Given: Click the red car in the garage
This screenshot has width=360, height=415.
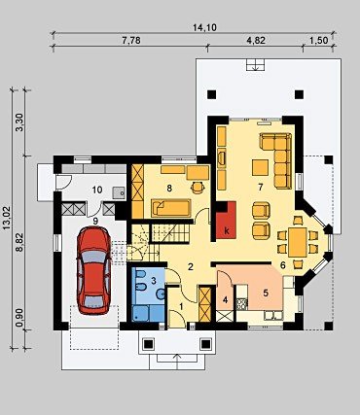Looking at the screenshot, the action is (x=93, y=270).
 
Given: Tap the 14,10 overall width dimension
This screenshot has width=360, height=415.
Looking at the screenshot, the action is (x=204, y=27).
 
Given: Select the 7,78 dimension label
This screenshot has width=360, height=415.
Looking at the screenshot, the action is (x=131, y=40).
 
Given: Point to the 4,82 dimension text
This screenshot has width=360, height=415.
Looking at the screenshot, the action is (x=256, y=40).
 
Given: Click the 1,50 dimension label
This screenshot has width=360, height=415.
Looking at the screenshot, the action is (x=319, y=40).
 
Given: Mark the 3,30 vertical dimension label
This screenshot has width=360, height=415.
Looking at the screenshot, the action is (x=19, y=121).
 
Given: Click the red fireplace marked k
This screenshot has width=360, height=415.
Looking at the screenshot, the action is (x=226, y=220).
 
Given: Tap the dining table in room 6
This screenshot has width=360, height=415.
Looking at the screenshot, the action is (x=298, y=242).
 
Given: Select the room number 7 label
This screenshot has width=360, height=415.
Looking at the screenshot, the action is (x=260, y=188).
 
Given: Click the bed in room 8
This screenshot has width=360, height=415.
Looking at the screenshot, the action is (x=171, y=208).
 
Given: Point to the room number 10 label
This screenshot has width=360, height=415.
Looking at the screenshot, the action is (x=97, y=190).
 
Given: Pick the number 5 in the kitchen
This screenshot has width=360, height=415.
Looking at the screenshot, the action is (x=266, y=294).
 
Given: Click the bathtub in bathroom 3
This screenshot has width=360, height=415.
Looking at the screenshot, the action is (x=149, y=313).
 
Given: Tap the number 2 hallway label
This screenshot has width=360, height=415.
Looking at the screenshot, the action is (x=191, y=266).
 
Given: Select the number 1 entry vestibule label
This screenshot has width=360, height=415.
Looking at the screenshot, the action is (x=181, y=306).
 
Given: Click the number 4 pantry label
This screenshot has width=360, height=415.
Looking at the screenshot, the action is (x=225, y=300).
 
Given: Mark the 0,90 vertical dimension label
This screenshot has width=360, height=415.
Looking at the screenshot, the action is (x=19, y=319).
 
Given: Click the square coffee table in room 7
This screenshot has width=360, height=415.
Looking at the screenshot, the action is (x=261, y=167).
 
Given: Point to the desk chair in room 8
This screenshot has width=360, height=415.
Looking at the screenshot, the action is (x=198, y=188).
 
